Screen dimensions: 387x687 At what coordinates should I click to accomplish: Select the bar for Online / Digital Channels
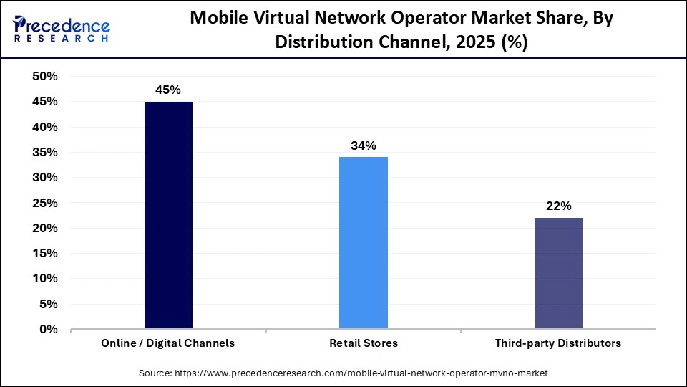tap(168, 215)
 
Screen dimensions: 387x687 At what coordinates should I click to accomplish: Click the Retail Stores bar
tap(364, 243)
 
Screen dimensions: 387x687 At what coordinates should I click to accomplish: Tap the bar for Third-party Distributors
tap(558, 273)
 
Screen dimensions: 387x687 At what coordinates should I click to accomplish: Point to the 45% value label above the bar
tap(168, 90)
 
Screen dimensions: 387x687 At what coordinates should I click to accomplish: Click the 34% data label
tap(364, 145)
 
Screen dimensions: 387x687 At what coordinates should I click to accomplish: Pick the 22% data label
tap(558, 206)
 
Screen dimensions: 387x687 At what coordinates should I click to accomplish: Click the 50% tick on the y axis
tap(45, 77)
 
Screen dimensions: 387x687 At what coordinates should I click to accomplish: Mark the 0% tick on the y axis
tap(49, 330)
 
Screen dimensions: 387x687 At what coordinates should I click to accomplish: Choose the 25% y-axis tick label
tap(45, 203)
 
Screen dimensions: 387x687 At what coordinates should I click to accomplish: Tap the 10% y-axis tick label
tap(45, 279)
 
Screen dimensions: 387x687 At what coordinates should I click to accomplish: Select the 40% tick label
tap(45, 127)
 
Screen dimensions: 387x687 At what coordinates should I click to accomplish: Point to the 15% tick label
tap(45, 254)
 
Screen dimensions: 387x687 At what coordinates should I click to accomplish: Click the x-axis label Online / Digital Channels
tap(168, 343)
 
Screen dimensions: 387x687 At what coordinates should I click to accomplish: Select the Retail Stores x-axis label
tap(364, 343)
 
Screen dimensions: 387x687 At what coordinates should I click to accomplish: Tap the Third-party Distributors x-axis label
tap(558, 343)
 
